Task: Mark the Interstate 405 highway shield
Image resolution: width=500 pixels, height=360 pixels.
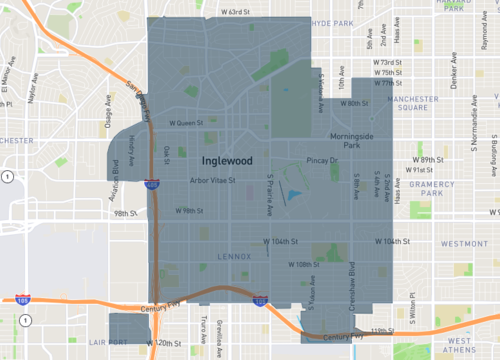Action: pos(150,184)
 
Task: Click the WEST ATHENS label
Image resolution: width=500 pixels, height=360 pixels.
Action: pos(467,347)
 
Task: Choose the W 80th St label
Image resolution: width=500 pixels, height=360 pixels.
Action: pos(352,103)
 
